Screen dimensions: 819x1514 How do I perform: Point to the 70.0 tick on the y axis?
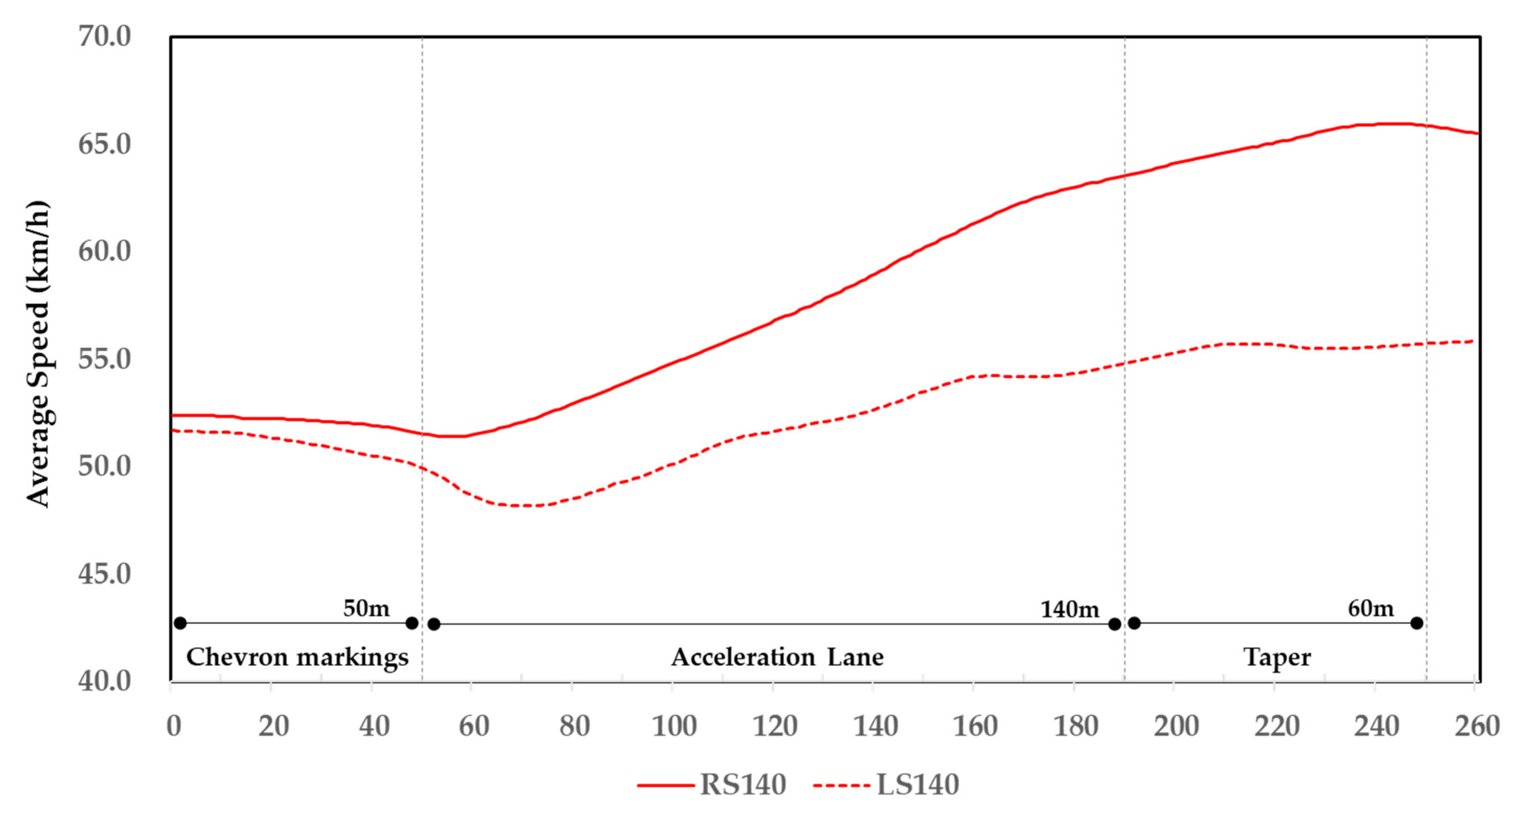point(105,37)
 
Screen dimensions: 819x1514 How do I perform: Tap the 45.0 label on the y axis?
point(105,573)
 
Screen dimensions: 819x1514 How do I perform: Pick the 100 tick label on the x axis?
point(674,726)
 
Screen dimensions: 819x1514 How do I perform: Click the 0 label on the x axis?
point(173,726)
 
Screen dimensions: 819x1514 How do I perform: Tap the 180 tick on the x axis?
point(1075,726)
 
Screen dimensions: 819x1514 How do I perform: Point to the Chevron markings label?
point(297,657)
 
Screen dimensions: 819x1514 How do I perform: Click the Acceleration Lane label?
point(777,657)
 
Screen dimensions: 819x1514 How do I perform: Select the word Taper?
point(1276,657)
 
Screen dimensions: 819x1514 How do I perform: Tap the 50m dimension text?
point(366,608)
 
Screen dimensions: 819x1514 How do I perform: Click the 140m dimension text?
point(1069,609)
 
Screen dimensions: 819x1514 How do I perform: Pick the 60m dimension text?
point(1371,608)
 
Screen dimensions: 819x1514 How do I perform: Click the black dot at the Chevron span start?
point(180,623)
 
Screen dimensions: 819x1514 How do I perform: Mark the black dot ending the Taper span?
point(1416,623)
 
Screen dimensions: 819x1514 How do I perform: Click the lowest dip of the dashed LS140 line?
point(523,505)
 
